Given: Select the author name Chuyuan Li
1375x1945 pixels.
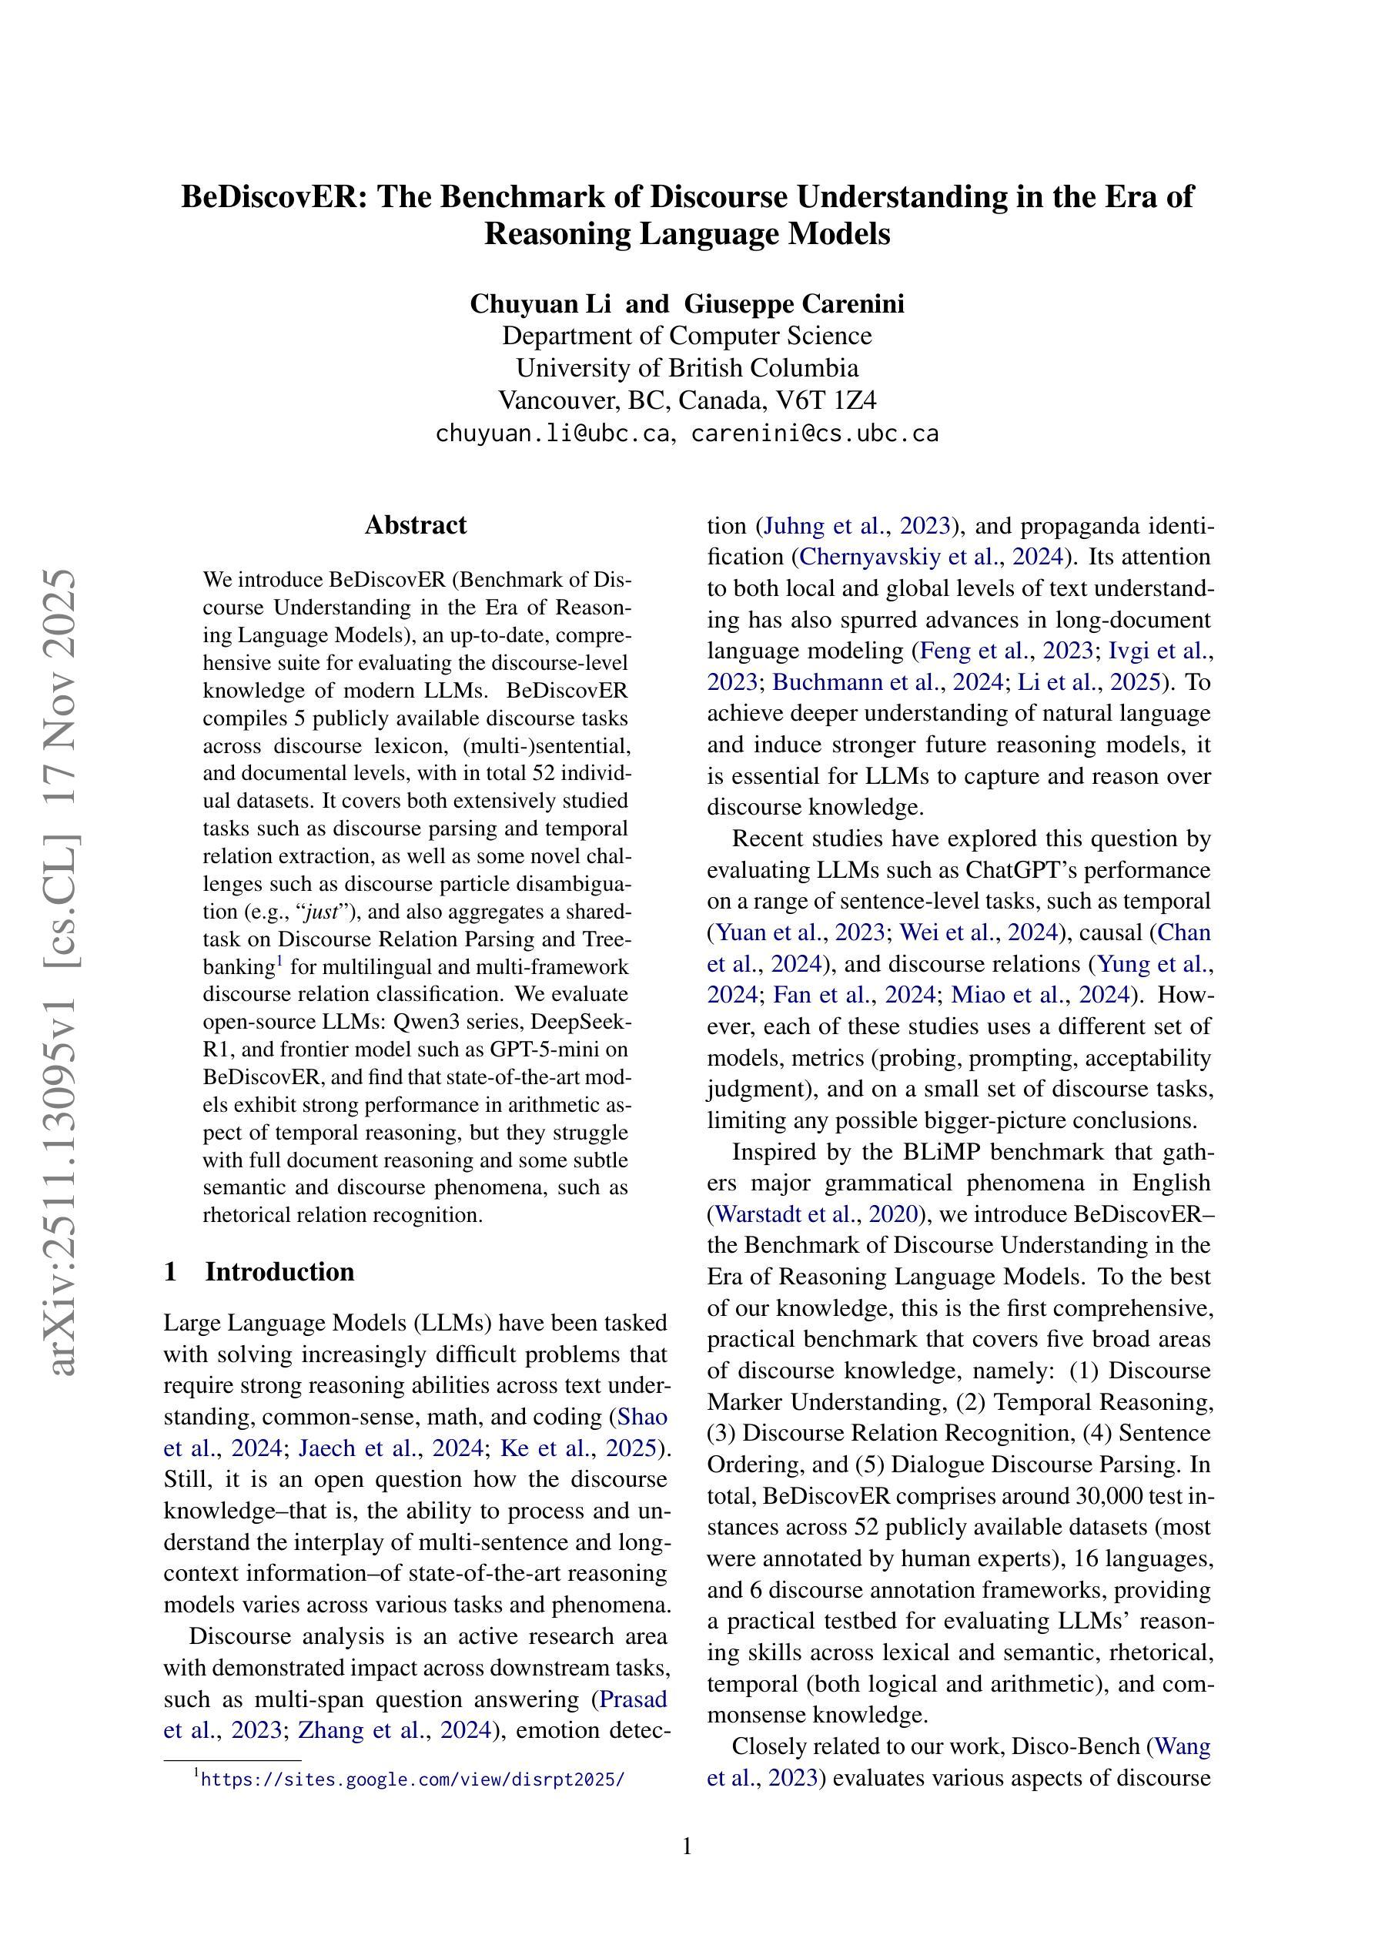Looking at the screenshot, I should pos(540,303).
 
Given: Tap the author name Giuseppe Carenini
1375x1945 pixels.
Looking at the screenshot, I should pos(794,303).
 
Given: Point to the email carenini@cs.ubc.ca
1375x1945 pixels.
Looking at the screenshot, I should pos(815,434).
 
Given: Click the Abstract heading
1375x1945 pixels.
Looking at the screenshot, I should pos(415,525).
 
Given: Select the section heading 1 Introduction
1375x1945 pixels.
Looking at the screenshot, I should pos(259,1271).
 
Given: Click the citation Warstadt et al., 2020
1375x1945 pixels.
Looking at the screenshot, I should pos(817,1214).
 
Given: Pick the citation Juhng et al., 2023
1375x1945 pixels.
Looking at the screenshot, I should pos(858,526).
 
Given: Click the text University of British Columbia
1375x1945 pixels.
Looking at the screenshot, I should pos(687,367).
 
